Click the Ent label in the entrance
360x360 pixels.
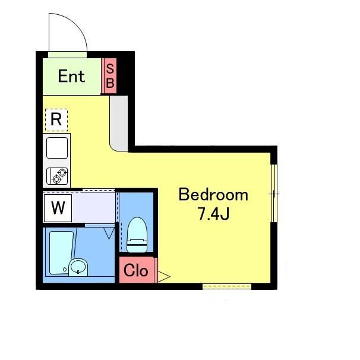coord(71,76)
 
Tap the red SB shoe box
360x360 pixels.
coord(110,76)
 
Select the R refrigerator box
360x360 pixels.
coord(56,120)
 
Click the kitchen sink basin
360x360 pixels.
coord(57,148)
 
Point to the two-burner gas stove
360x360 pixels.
coord(57,176)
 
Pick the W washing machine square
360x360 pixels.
coord(58,208)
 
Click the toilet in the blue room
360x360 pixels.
coord(137,235)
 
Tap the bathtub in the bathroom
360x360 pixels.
coord(61,252)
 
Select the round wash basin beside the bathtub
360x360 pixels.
coord(78,267)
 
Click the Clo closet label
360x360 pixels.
coord(135,271)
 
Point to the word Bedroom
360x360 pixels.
coord(213,195)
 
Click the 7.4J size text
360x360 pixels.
coord(214,214)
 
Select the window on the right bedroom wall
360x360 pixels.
coord(274,193)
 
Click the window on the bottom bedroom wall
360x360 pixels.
coord(227,286)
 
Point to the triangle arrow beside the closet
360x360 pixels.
coord(163,276)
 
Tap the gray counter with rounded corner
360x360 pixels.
coord(119,124)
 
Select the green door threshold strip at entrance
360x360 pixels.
coord(68,55)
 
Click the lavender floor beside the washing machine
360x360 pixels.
coord(93,207)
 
